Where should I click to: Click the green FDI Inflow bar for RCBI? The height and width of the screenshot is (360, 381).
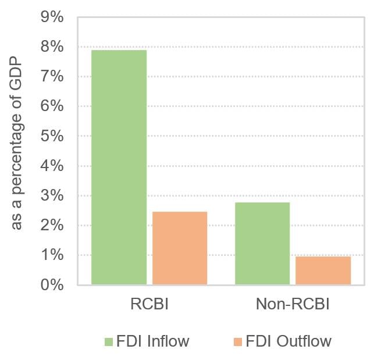119,167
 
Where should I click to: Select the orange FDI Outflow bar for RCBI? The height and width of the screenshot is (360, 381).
180,248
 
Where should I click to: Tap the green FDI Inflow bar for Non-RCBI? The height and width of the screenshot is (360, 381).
262,244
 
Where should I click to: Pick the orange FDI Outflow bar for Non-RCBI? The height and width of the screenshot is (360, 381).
323,270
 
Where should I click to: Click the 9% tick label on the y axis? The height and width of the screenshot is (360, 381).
52,17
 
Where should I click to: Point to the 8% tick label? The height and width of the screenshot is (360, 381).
52,47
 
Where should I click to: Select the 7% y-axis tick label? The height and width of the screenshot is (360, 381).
52,77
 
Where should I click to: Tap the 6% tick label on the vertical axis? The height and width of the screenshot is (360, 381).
52,106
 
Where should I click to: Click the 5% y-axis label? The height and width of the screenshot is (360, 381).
52,136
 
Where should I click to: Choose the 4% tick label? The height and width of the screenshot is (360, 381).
52,166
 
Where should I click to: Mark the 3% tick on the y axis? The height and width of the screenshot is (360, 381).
52,196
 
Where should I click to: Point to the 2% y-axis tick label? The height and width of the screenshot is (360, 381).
52,226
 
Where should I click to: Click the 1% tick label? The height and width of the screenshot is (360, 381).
52,255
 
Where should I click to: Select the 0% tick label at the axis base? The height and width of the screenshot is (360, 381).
52,285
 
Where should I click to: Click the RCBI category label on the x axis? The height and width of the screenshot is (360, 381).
149,305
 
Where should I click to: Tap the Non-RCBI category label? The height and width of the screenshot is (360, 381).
293,305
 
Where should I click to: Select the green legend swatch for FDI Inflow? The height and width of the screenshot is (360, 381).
109,341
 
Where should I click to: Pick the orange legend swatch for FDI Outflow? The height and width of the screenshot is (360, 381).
236,341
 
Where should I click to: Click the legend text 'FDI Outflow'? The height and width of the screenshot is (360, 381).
289,341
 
